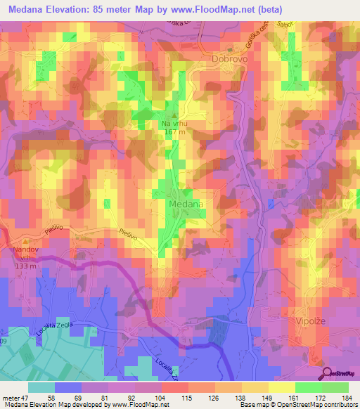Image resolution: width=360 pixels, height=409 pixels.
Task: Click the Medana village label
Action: click(186, 204)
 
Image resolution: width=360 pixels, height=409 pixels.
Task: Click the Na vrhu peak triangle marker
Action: click(176, 115)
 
